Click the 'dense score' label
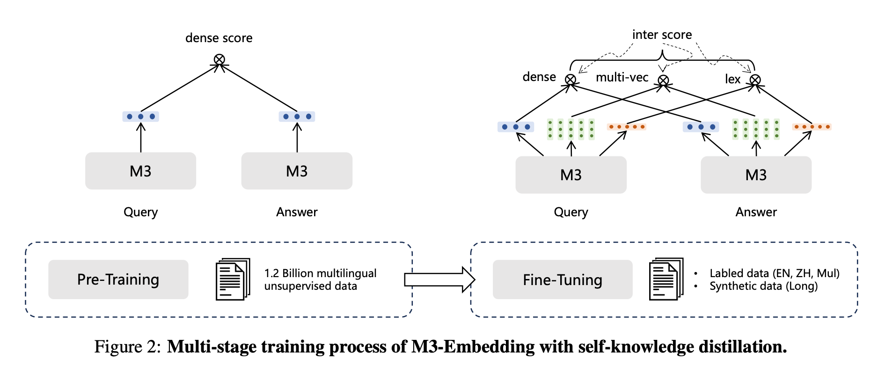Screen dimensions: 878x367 (219, 38)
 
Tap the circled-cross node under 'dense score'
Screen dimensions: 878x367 (219, 59)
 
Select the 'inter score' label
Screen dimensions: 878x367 (662, 35)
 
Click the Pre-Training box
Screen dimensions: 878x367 (118, 279)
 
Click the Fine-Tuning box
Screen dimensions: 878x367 (563, 280)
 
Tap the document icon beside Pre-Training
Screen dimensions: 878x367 (233, 279)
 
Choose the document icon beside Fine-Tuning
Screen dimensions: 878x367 (666, 279)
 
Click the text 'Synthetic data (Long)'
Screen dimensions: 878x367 (764, 286)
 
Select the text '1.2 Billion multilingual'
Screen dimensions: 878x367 (321, 273)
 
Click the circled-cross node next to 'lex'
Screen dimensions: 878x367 (755, 80)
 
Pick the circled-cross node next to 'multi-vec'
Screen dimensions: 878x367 (663, 80)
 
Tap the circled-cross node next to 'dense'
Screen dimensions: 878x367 (571, 79)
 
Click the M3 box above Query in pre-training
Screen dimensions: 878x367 (140, 171)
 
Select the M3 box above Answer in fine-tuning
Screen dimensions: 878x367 (756, 175)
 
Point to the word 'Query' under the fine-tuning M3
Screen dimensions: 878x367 (571, 213)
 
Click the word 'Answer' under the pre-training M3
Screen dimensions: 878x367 (297, 212)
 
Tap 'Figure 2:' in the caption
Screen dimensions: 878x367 (128, 347)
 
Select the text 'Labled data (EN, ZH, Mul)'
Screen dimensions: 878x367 (775, 273)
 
